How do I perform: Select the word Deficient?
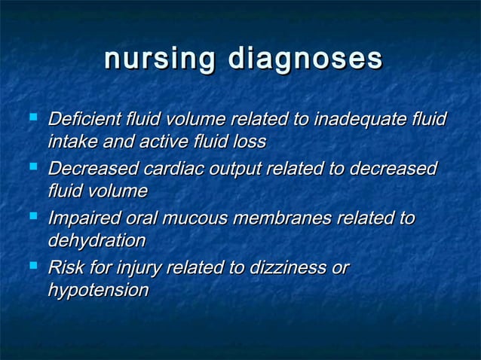point(84,119)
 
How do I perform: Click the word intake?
point(70,142)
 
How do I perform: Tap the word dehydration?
point(97,241)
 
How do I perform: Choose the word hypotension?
point(98,291)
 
